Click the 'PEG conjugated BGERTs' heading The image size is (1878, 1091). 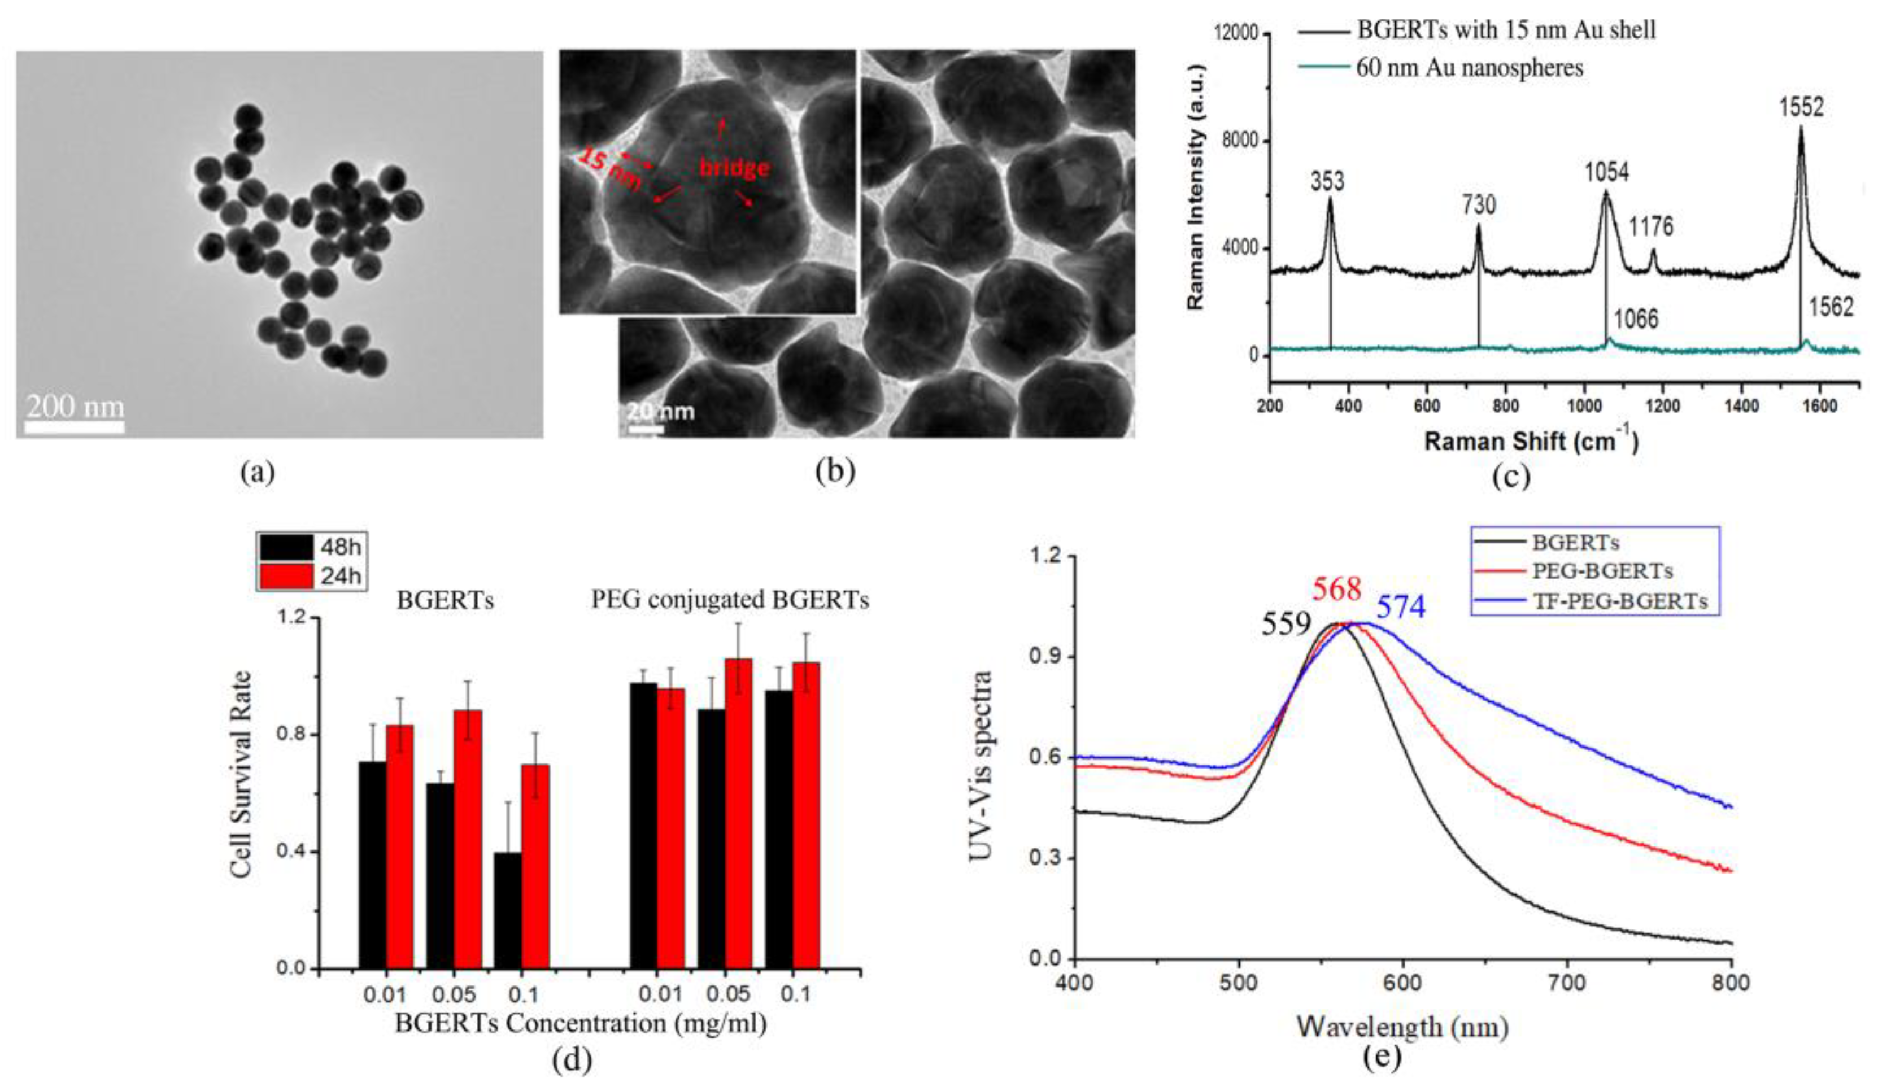730,601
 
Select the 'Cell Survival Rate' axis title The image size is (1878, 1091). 241,775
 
